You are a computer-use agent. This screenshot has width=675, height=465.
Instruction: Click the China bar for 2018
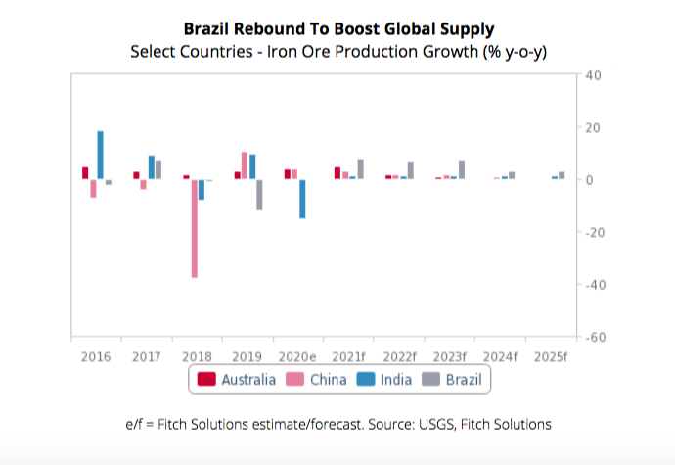pyautogui.click(x=194, y=228)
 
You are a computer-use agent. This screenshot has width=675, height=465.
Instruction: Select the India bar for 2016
pyautogui.click(x=101, y=155)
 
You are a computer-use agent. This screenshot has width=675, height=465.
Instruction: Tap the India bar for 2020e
pyautogui.click(x=302, y=199)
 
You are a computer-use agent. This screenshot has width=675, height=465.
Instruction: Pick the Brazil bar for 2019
pyautogui.click(x=259, y=195)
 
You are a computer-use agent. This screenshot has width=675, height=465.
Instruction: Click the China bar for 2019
pyautogui.click(x=245, y=165)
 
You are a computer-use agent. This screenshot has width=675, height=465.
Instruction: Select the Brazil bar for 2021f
pyautogui.click(x=361, y=169)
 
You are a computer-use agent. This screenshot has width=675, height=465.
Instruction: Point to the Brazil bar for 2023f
pyautogui.click(x=462, y=169)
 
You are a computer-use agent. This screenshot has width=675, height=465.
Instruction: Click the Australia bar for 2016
pyautogui.click(x=85, y=173)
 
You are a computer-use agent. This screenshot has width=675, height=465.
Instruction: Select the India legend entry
pyautogui.click(x=382, y=379)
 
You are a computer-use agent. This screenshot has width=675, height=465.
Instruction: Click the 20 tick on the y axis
pyautogui.click(x=593, y=127)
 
